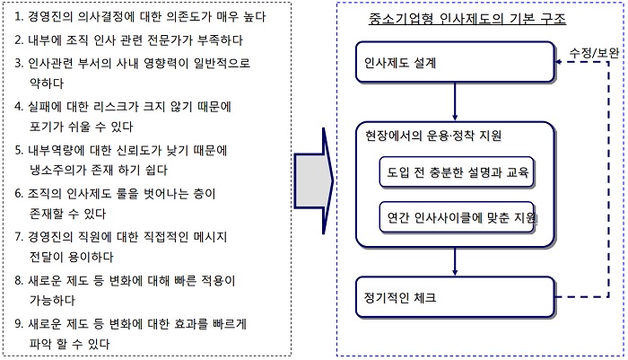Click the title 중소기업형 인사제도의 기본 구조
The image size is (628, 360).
click(x=467, y=19)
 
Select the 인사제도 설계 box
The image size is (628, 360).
click(x=455, y=62)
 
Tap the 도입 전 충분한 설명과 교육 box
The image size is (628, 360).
click(x=457, y=172)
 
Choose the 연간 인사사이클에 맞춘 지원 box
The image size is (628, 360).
click(x=457, y=217)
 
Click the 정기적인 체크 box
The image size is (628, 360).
click(x=455, y=297)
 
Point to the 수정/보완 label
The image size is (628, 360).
click(x=594, y=52)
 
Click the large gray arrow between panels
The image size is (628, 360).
click(x=314, y=180)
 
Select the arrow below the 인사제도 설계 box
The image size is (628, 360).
click(x=455, y=101)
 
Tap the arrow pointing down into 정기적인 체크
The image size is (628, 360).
click(x=455, y=261)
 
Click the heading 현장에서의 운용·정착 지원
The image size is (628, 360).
click(x=433, y=136)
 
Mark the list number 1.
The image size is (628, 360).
click(x=18, y=17)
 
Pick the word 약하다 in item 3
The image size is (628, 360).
click(x=47, y=83)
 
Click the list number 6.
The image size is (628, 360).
click(x=19, y=194)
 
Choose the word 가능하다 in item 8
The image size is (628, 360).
click(x=52, y=300)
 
